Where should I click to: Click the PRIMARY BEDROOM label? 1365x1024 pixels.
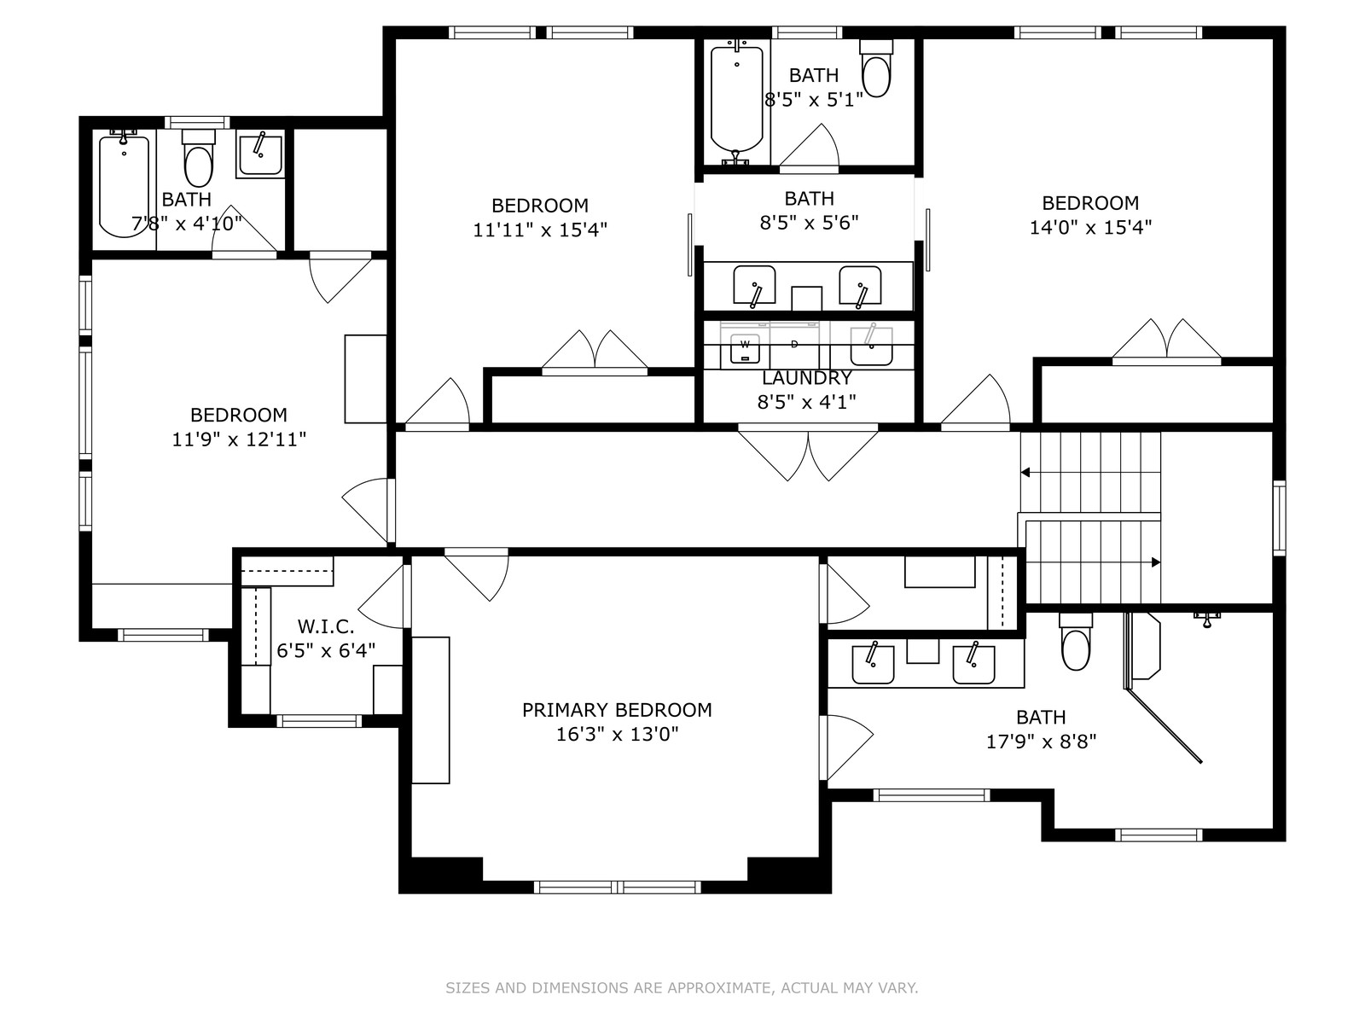(616, 710)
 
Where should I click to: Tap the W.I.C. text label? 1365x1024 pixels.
(325, 626)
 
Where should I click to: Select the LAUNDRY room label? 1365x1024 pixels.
(806, 378)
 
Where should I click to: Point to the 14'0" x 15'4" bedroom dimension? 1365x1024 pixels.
(1090, 228)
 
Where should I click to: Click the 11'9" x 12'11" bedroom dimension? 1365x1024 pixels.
(239, 439)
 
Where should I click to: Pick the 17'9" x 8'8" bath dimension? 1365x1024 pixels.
(1041, 742)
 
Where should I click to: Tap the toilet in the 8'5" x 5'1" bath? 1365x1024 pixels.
(876, 68)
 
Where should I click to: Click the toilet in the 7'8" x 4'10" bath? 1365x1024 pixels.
(199, 158)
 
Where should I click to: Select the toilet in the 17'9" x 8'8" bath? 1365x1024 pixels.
(1076, 642)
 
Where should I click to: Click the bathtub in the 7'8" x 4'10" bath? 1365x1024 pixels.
(124, 184)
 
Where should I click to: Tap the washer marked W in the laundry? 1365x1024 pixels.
(745, 348)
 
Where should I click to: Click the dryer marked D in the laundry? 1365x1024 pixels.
(794, 345)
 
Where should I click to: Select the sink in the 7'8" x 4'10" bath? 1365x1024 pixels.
(260, 154)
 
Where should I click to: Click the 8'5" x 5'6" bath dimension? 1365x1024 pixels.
(809, 223)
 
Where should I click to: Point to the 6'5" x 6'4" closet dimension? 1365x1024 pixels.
(326, 651)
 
